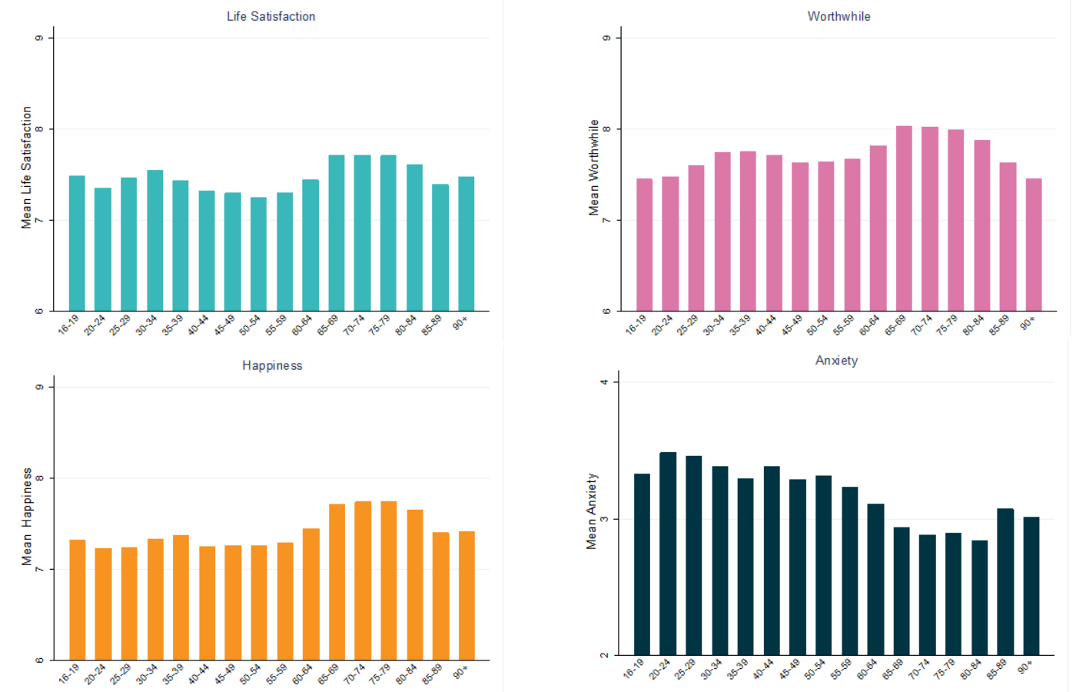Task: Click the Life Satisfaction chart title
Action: (x=271, y=16)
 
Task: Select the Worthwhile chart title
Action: (x=839, y=16)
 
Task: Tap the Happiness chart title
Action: (x=272, y=365)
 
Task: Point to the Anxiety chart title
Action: (x=836, y=361)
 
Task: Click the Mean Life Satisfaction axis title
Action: (x=26, y=168)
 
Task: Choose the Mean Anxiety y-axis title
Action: (x=592, y=511)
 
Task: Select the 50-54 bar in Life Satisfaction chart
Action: (x=258, y=254)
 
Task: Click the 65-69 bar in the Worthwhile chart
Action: (x=904, y=219)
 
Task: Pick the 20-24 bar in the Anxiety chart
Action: (x=668, y=554)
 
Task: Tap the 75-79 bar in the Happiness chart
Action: (x=388, y=581)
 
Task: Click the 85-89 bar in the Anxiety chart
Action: (x=1005, y=582)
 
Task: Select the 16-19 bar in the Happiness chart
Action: (x=78, y=600)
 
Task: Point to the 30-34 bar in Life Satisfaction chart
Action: (x=154, y=241)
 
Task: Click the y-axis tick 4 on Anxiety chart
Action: (x=605, y=381)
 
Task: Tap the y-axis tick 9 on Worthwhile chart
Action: (x=607, y=38)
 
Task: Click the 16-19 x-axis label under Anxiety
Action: (x=634, y=669)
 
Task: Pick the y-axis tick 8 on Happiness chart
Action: (x=40, y=478)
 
